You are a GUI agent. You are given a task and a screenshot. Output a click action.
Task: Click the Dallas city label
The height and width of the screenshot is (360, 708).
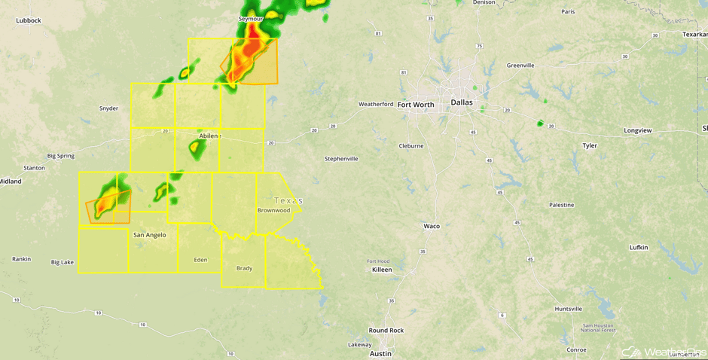(x=463, y=102)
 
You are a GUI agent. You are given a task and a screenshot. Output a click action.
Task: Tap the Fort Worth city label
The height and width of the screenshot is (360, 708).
(x=416, y=105)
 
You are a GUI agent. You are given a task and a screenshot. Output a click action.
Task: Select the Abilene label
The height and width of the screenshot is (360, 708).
(x=209, y=136)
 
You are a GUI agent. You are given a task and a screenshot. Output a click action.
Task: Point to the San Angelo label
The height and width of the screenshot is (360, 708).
(x=149, y=235)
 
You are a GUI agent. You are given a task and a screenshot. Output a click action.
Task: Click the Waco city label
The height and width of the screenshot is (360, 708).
(x=432, y=226)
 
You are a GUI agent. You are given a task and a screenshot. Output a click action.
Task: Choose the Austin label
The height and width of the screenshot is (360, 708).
(x=380, y=353)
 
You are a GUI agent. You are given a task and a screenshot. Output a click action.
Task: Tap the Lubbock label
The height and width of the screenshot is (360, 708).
(x=28, y=20)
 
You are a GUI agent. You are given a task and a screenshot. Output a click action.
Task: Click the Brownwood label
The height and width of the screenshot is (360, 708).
(x=273, y=210)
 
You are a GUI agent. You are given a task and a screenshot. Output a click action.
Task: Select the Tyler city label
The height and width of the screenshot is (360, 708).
(x=589, y=145)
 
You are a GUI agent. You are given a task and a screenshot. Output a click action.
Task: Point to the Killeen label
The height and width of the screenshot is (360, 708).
(x=382, y=269)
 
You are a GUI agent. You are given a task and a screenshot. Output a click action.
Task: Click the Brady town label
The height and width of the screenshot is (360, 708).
(x=244, y=268)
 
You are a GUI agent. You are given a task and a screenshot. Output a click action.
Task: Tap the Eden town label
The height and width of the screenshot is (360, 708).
(x=200, y=259)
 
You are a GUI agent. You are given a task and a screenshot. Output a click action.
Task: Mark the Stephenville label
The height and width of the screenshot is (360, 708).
(x=341, y=159)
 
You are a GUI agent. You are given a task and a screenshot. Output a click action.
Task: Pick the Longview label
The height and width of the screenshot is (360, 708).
(x=637, y=130)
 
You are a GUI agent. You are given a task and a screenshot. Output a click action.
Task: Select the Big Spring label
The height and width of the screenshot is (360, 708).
(x=61, y=156)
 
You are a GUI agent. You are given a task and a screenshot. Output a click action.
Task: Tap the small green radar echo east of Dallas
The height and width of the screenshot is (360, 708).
(x=540, y=123)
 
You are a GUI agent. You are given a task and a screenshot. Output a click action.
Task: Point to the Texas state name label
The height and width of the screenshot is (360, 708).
(x=288, y=200)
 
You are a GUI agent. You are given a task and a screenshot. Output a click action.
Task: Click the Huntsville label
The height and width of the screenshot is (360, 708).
(x=568, y=309)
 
